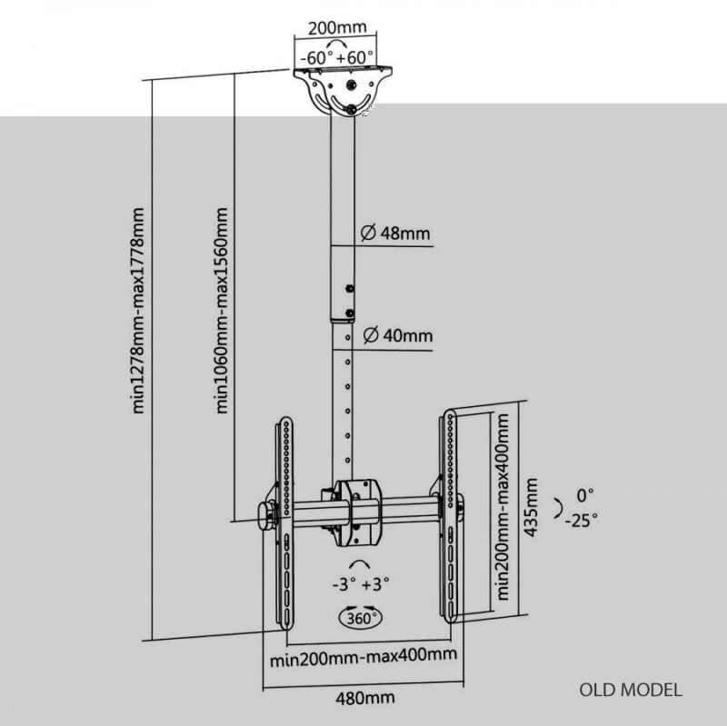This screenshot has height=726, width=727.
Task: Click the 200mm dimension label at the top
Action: (x=337, y=27)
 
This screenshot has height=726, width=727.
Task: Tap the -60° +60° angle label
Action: (x=337, y=58)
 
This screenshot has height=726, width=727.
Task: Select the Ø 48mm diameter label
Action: (x=395, y=233)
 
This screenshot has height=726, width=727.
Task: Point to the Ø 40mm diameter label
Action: (x=398, y=334)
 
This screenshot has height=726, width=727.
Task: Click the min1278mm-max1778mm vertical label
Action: (x=138, y=311)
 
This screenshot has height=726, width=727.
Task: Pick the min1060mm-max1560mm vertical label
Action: (x=222, y=311)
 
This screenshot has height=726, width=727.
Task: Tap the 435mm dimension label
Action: (x=531, y=508)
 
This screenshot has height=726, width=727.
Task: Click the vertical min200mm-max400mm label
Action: (x=503, y=507)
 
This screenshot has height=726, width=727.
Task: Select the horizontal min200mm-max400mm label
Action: (x=363, y=656)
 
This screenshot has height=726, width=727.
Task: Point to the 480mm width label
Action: (x=365, y=698)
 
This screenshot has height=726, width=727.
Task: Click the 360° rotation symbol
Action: (x=362, y=617)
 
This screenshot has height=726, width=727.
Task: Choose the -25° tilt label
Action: (x=581, y=520)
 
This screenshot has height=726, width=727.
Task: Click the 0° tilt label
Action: (x=584, y=495)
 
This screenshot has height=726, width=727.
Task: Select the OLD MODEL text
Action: (x=631, y=690)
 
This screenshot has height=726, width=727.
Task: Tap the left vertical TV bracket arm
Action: (x=286, y=523)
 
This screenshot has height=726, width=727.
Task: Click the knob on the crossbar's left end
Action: (x=266, y=516)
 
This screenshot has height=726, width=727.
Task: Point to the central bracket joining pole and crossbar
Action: (x=358, y=512)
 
